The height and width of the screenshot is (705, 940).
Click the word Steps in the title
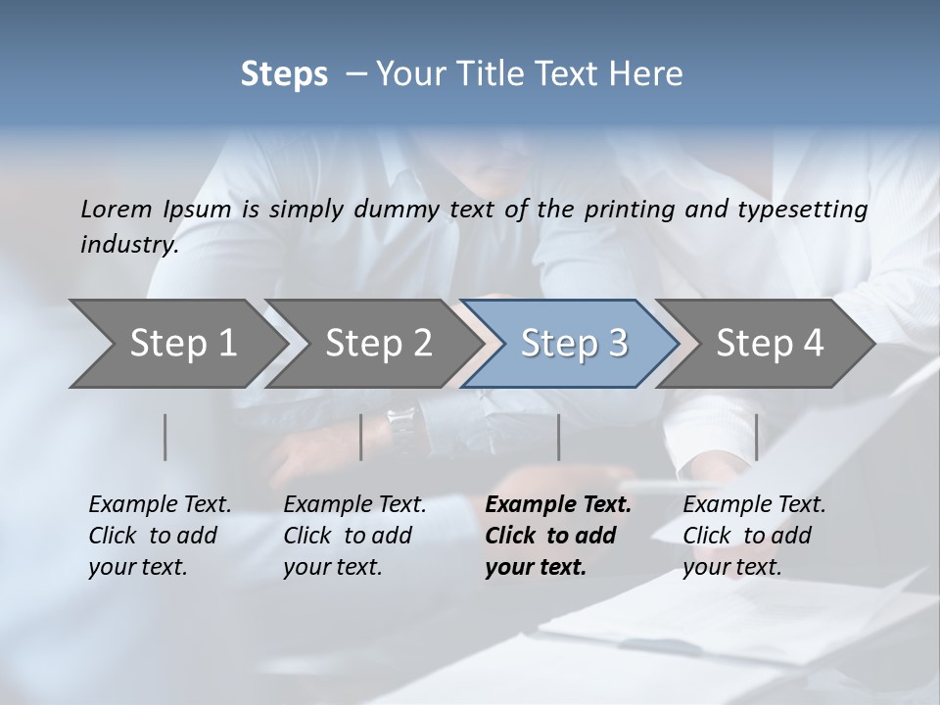pyautogui.click(x=284, y=74)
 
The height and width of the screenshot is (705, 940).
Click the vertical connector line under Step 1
pyautogui.click(x=165, y=437)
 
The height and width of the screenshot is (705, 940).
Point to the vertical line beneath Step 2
pyautogui.click(x=361, y=437)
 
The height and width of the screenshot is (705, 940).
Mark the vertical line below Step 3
pyautogui.click(x=558, y=437)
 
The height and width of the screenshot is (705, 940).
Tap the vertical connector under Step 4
pyautogui.click(x=756, y=437)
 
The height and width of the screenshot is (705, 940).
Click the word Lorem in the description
pyautogui.click(x=117, y=209)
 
